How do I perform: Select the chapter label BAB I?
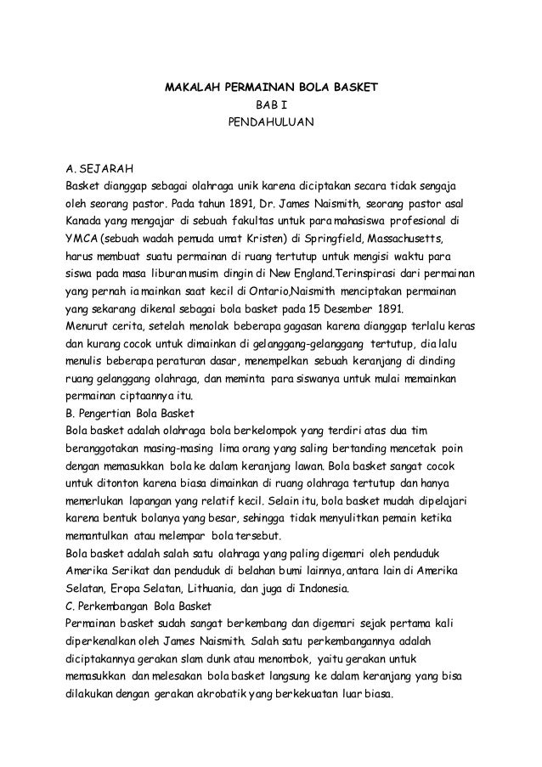point(270,106)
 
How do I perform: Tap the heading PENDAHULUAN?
point(270,124)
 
